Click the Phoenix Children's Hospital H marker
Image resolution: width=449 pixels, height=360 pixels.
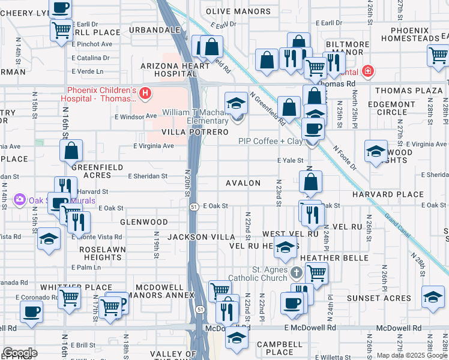point(144,94)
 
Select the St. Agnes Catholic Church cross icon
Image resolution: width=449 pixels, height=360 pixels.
point(295,273)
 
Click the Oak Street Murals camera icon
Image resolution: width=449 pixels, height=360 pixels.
point(20,199)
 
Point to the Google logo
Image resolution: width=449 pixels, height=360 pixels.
point(20,353)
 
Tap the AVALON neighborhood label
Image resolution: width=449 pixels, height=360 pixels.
point(243,183)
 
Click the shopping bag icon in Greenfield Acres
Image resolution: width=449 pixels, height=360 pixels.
point(71,152)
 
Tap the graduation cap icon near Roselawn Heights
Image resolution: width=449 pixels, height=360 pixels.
point(49,239)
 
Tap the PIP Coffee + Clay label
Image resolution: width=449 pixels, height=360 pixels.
point(270,141)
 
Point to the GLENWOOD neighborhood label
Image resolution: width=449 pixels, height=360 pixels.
point(139,222)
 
